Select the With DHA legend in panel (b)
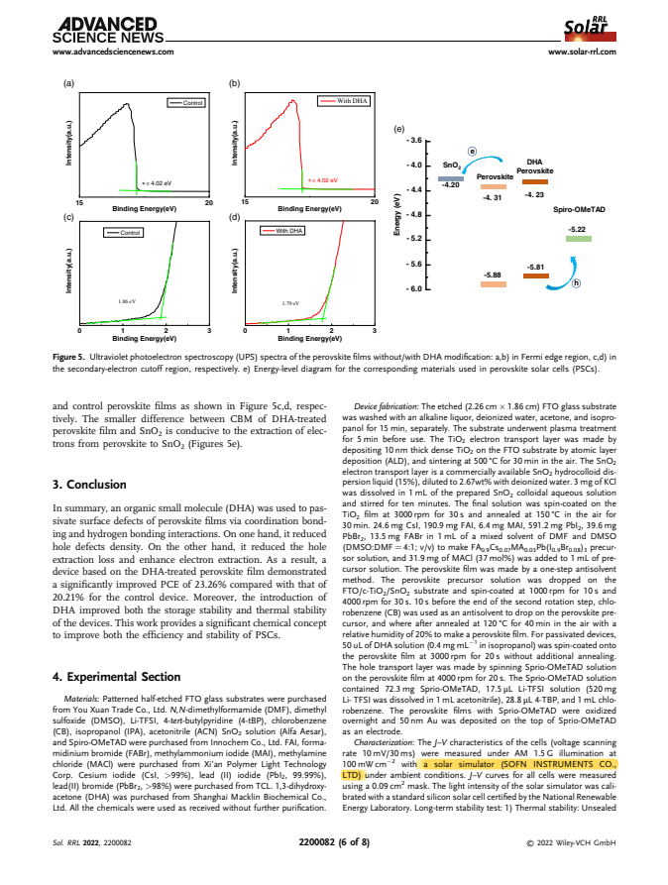(344, 101)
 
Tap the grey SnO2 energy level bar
(451, 177)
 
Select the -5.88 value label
(491, 274)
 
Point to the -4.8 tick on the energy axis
(415, 214)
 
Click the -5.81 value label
(536, 268)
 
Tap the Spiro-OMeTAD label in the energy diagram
(579, 210)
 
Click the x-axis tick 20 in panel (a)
(208, 202)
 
